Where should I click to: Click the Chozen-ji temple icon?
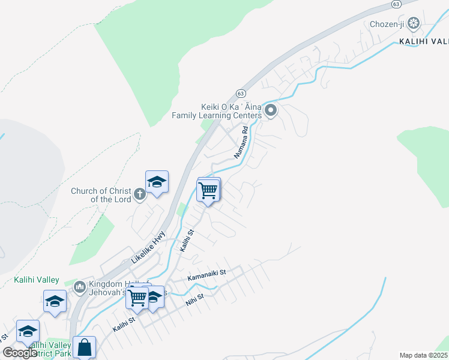click(x=413, y=23)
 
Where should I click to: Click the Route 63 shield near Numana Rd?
click(x=241, y=94)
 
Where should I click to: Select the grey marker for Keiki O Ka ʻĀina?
click(x=271, y=110)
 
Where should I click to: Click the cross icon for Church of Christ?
click(x=139, y=194)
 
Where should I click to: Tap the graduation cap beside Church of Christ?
click(x=157, y=182)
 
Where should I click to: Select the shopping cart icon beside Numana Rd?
click(x=208, y=191)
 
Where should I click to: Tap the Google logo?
click(x=20, y=353)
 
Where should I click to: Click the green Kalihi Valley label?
click(x=37, y=280)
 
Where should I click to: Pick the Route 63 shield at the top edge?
click(x=396, y=4)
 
